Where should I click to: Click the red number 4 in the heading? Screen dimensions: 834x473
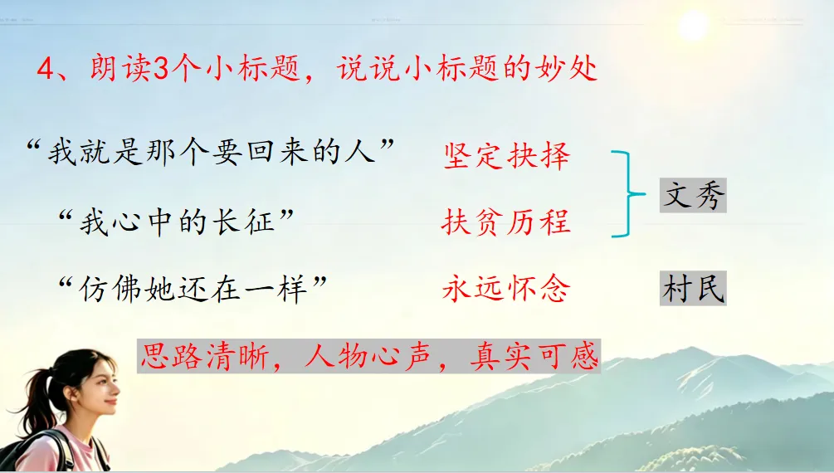point(46,69)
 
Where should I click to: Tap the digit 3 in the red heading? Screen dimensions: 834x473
point(161,69)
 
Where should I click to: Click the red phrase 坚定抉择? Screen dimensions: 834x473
point(506,156)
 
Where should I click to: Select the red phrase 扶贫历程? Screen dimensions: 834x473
point(506,222)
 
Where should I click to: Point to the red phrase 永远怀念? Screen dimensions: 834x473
point(506,289)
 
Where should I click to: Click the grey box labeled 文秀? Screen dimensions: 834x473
point(693,195)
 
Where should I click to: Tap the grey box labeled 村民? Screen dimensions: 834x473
point(693,289)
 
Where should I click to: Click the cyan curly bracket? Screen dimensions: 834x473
point(630,193)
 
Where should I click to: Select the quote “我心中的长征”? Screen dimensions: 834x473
point(176,222)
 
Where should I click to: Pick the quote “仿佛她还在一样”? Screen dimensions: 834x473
point(193,290)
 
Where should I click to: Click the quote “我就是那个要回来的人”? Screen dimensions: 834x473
point(210,152)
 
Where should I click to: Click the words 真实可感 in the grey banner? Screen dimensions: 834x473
point(534,356)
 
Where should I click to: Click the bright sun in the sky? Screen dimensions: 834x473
point(694,26)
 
